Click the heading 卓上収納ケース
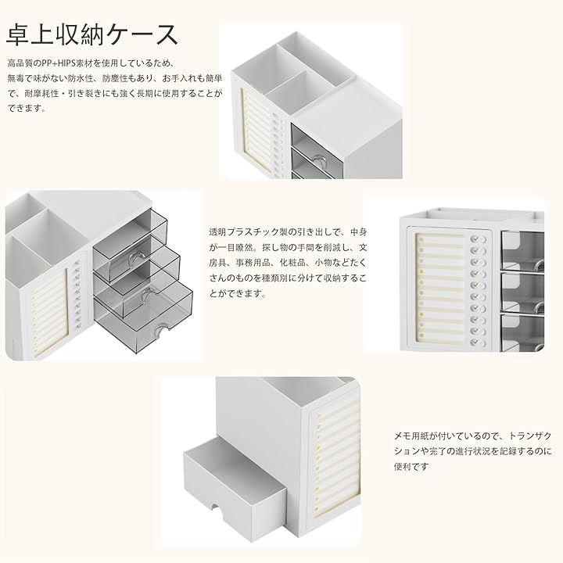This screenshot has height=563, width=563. click(x=92, y=35)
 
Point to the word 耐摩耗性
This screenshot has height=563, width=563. click(x=41, y=93)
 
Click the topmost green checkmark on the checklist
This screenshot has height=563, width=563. click(x=475, y=238)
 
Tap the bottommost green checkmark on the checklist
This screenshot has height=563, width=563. click(x=475, y=342)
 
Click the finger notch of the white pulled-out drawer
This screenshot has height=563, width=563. click(x=216, y=507)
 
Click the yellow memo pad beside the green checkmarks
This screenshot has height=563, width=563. click(x=440, y=288)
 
